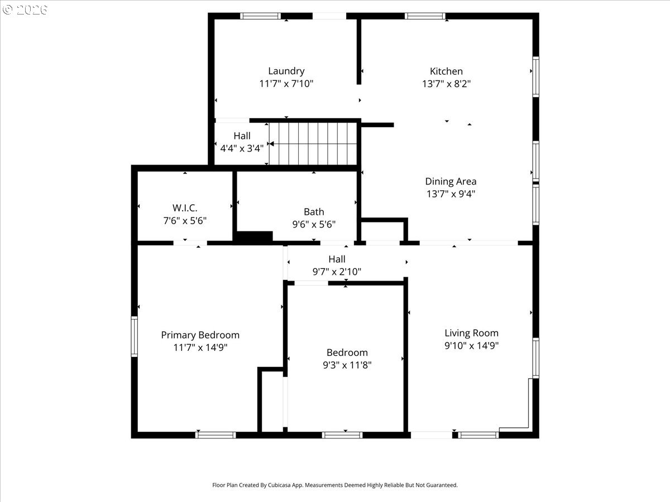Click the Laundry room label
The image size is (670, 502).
286,71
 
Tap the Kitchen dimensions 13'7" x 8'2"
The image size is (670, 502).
446,84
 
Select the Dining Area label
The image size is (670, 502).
451,181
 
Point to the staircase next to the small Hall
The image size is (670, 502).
313,143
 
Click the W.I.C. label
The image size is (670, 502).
185,208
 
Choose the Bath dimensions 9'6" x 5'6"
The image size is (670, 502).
314,224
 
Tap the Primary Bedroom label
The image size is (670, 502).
200,335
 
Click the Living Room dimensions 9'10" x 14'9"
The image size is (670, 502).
472,345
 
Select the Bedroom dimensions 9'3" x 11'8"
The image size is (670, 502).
347,365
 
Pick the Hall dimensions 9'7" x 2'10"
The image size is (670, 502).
337,272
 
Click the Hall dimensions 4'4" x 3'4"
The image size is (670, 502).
242,148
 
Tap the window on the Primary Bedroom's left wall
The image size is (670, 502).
135,336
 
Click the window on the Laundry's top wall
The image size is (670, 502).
260,16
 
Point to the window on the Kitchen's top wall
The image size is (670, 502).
425,16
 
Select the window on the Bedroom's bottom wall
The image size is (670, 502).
342,435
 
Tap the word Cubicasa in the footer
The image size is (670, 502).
279,485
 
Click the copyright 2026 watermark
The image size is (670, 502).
25,9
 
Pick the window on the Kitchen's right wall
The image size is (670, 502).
535,77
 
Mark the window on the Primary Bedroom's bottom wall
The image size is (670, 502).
216,435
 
